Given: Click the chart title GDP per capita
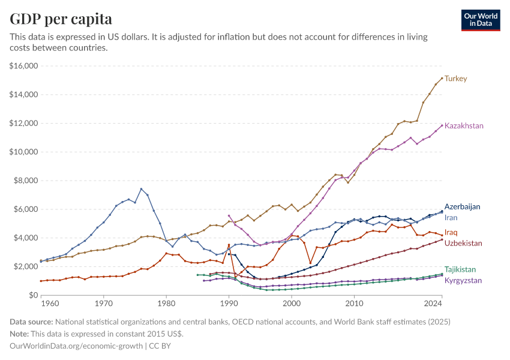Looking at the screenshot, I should tap(61, 19).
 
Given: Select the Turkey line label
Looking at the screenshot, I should tap(456, 79).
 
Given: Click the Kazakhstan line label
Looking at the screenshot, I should tap(464, 126).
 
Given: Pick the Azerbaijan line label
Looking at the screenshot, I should tap(462, 206).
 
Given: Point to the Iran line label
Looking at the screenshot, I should tap(451, 217).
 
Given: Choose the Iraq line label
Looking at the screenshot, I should tap(451, 232).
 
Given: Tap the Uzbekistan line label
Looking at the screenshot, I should tap(463, 243).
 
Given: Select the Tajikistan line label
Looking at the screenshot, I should tap(460, 269).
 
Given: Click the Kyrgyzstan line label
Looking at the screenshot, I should tap(463, 280).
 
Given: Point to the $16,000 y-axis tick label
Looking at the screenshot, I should tap(24, 66).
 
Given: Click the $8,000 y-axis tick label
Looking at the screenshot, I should tap(26, 181).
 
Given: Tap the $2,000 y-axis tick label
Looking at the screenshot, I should tap(26, 266).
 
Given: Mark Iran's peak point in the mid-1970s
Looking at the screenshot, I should tap(141, 189).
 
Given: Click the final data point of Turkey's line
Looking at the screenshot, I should tap(442, 78).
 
